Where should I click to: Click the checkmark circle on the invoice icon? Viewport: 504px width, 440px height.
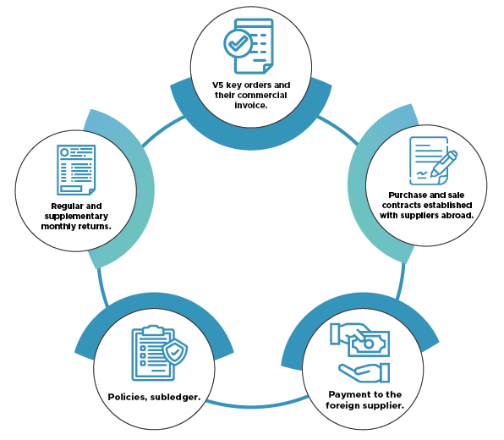pyautogui.click(x=238, y=43)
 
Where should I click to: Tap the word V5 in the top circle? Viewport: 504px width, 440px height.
pyautogui.click(x=217, y=85)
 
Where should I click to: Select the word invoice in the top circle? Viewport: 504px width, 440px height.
pyautogui.click(x=250, y=106)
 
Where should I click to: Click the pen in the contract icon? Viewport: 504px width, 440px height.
pyautogui.click(x=444, y=163)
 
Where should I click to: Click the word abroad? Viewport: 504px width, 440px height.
pyautogui.click(x=457, y=215)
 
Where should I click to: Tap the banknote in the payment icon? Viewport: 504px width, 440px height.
pyautogui.click(x=369, y=344)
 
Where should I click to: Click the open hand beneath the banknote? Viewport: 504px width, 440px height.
pyautogui.click(x=364, y=372)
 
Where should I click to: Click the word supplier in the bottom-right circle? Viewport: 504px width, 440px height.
pyautogui.click(x=383, y=405)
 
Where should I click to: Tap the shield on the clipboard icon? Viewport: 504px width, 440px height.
pyautogui.click(x=175, y=352)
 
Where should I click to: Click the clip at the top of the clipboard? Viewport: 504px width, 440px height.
pyautogui.click(x=154, y=330)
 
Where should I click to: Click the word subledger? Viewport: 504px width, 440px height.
pyautogui.click(x=175, y=398)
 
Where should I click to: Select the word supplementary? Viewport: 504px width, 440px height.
pyautogui.click(x=76, y=217)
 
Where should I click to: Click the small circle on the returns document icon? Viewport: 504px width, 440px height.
pyautogui.click(x=64, y=152)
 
